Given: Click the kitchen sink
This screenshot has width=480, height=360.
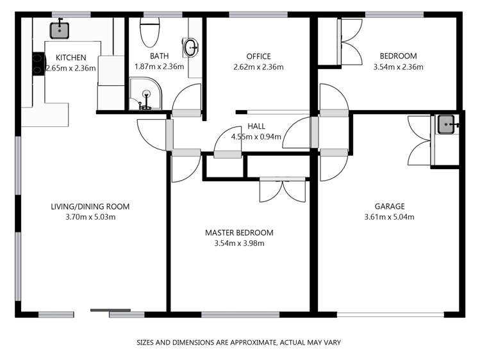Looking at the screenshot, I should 60,29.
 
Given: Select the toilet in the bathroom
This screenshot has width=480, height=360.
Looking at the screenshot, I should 149,30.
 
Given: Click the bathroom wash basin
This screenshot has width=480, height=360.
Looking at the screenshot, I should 191,47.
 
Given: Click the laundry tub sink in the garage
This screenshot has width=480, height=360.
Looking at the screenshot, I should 447,124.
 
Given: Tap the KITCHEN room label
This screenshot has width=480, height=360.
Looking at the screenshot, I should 70,58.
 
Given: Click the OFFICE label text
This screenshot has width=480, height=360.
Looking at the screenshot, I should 259,56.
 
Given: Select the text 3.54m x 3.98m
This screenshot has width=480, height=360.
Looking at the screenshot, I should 239,243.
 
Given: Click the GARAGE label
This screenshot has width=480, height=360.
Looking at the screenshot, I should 389,206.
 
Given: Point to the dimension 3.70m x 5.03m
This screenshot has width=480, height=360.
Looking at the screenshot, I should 90,217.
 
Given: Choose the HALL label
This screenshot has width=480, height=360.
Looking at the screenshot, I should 256,126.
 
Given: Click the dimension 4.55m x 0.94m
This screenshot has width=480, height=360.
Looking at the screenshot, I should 256,136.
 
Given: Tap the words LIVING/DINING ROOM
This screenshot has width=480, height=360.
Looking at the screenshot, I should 90,206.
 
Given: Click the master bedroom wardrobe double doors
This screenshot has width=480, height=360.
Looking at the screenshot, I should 279,190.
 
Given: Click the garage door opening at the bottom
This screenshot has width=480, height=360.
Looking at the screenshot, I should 390,314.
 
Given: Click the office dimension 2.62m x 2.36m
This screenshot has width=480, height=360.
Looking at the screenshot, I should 259,66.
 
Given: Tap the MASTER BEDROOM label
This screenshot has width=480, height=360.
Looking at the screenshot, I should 239,233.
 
